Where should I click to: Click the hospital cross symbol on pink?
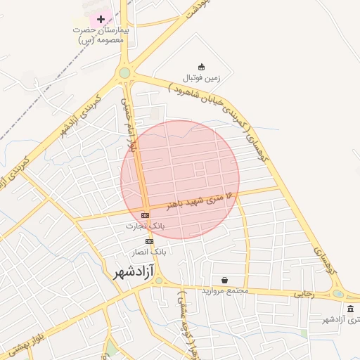click(x=101, y=18)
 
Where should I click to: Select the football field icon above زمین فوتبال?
click(x=202, y=66)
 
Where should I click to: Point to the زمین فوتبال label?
click(x=202, y=77)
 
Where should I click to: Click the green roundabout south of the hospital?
click(x=125, y=72)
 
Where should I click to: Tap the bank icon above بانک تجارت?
click(x=146, y=215)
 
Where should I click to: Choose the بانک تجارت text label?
click(x=145, y=226)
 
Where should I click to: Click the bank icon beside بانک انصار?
click(x=149, y=241)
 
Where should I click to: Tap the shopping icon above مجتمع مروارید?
click(x=224, y=280)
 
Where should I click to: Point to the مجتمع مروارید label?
click(x=225, y=291)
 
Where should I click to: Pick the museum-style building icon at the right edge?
click(x=351, y=309)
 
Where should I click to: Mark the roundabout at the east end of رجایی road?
click(x=338, y=294)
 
